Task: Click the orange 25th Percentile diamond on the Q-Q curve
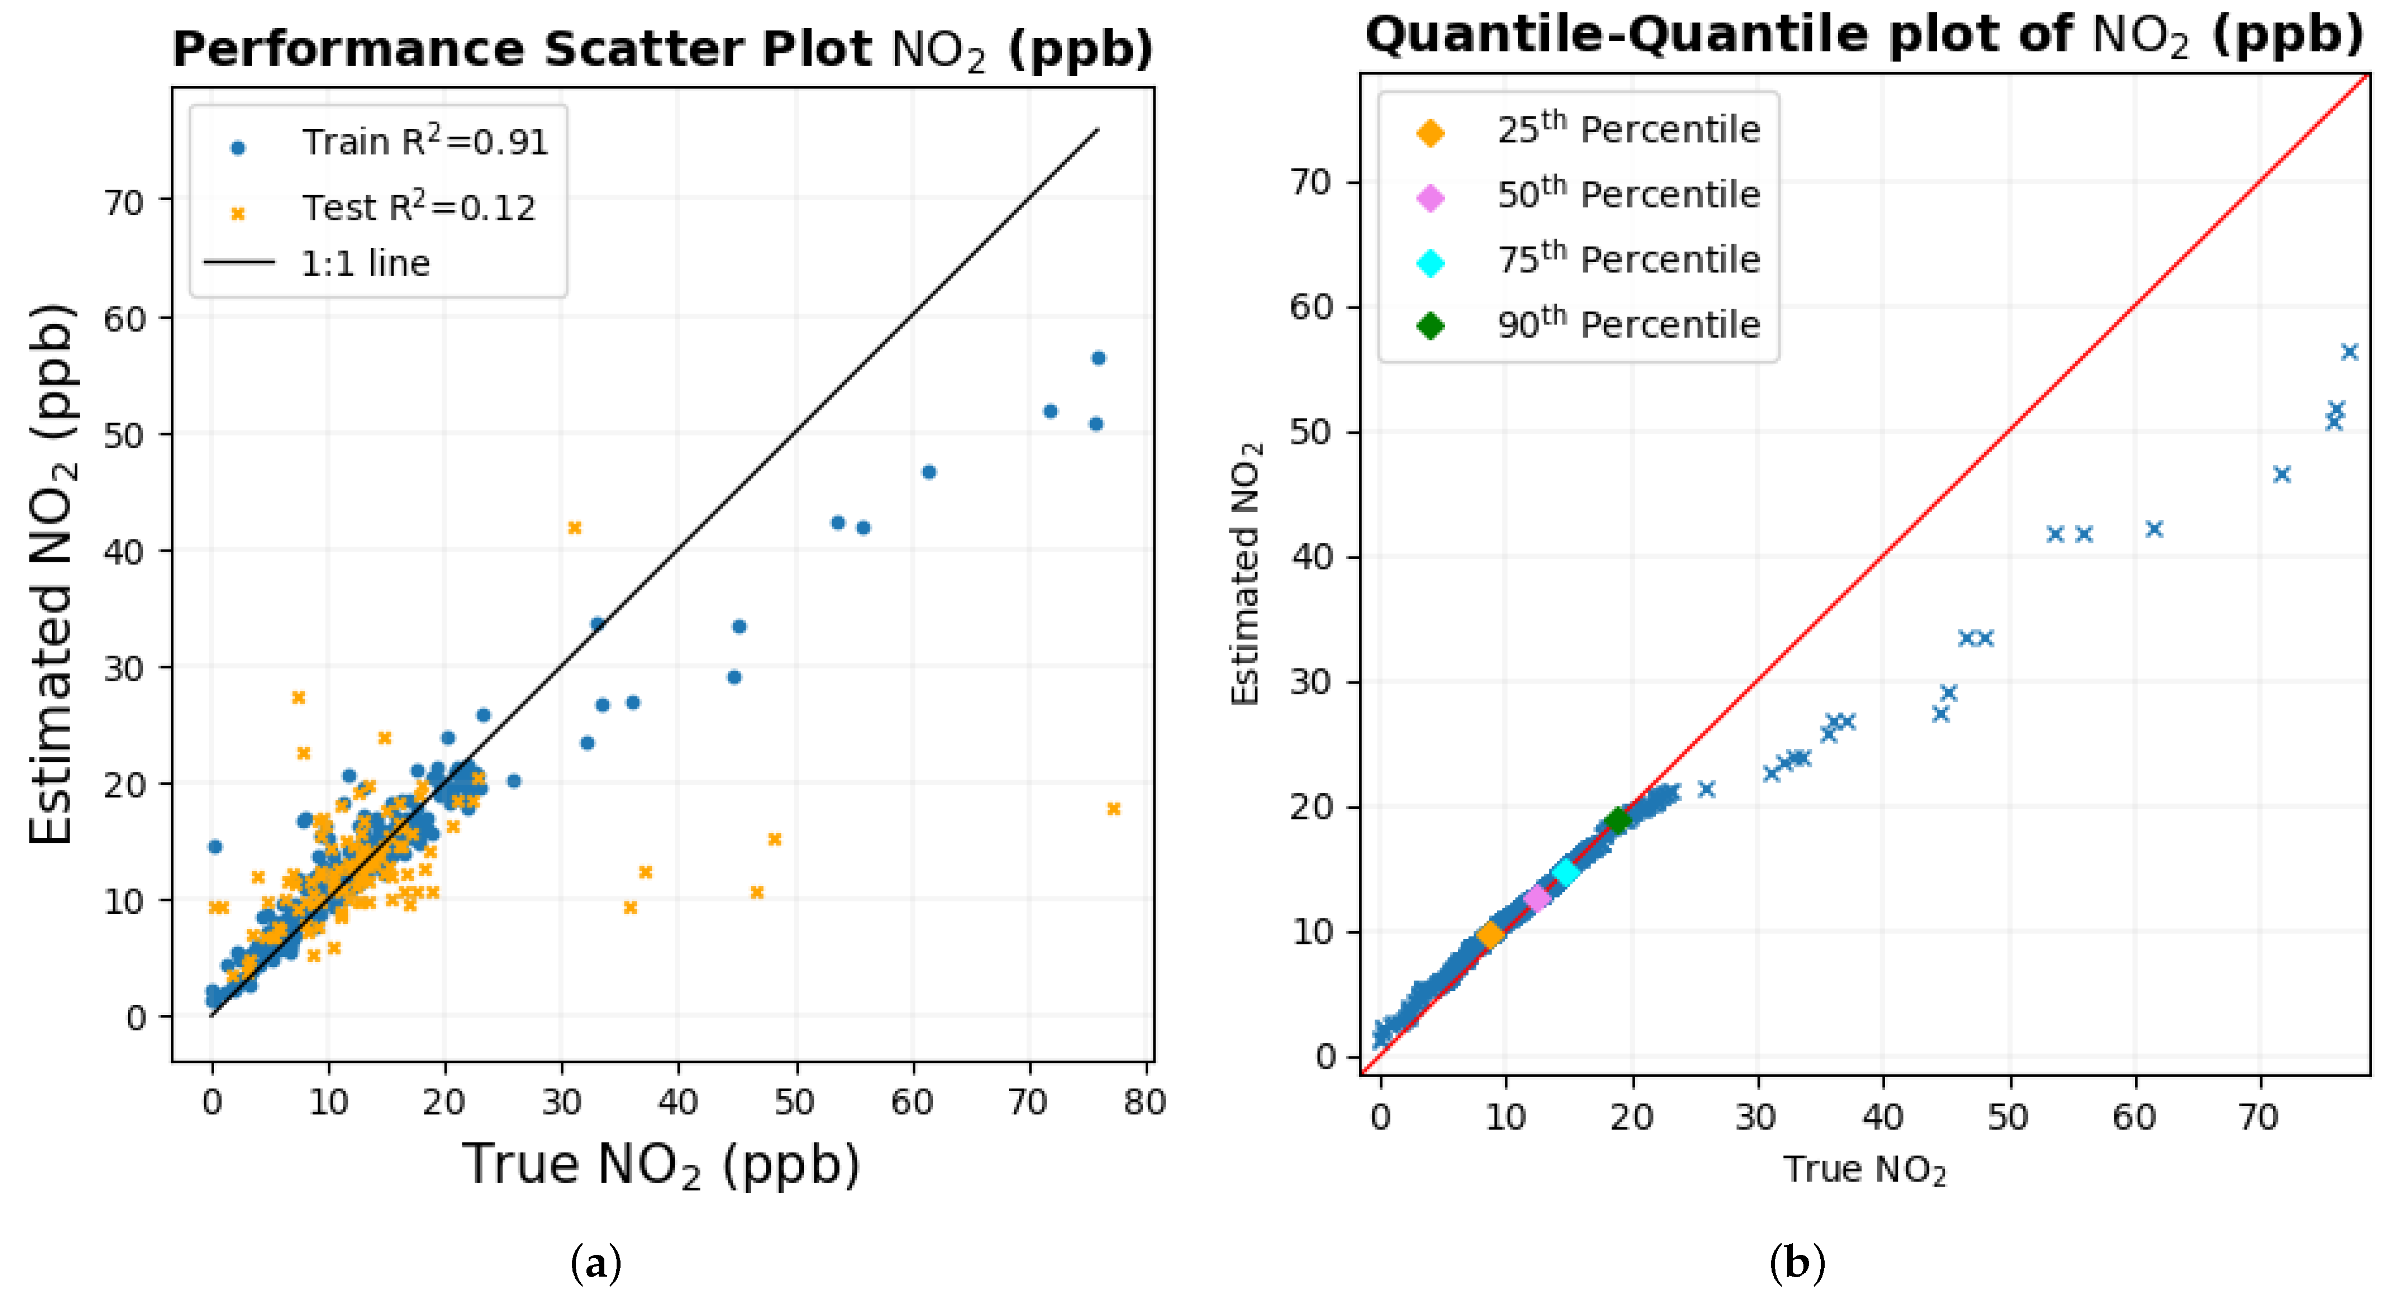[x=1490, y=935]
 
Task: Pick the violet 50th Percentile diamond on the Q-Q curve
[x=1537, y=897]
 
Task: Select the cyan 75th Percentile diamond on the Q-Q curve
[x=1566, y=872]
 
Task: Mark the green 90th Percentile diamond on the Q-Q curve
[x=1618, y=820]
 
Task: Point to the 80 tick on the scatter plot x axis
[x=1144, y=1102]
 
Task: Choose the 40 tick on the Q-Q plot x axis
[x=1882, y=1117]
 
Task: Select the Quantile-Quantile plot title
[x=1864, y=35]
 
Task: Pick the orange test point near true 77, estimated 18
[x=1114, y=809]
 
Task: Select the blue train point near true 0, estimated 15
[x=215, y=846]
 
